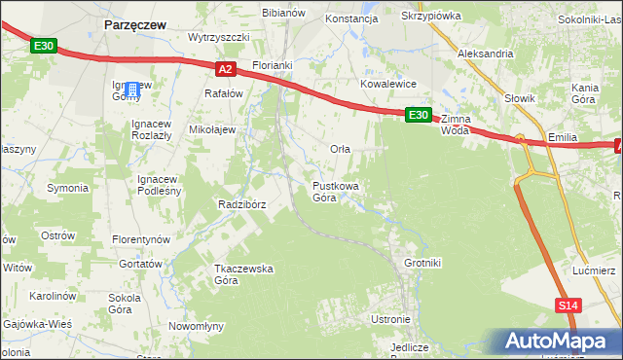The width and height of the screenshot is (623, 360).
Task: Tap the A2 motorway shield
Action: [225, 68]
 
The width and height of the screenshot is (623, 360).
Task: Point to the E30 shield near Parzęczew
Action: [43, 46]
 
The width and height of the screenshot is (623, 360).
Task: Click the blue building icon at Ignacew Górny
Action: [133, 90]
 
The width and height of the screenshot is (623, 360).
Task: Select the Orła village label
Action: [340, 149]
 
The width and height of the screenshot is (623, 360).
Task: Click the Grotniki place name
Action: [422, 263]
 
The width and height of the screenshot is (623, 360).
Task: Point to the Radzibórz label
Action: [242, 204]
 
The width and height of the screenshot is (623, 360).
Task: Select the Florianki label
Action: [273, 65]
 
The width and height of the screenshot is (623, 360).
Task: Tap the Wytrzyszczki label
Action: [219, 37]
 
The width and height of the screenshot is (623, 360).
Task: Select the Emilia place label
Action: [565, 138]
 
